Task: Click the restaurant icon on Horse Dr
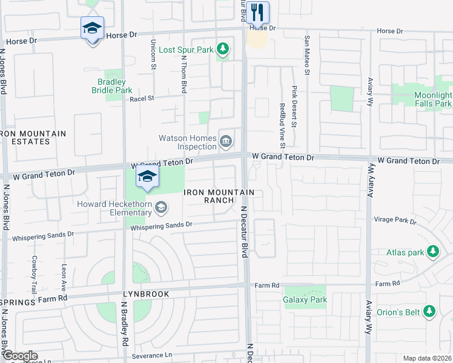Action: click(257, 12)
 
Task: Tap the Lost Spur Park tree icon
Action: click(223, 48)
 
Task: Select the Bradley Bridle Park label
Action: click(111, 86)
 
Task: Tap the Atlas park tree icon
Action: click(432, 251)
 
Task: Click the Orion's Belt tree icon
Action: click(429, 312)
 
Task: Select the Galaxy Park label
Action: click(305, 299)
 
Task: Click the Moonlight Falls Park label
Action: click(432, 100)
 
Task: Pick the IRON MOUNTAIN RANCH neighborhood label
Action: click(218, 196)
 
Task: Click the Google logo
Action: click(19, 356)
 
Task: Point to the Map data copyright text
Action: click(427, 358)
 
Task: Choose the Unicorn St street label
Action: click(153, 55)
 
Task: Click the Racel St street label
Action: click(142, 97)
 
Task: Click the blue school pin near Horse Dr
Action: click(92, 28)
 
